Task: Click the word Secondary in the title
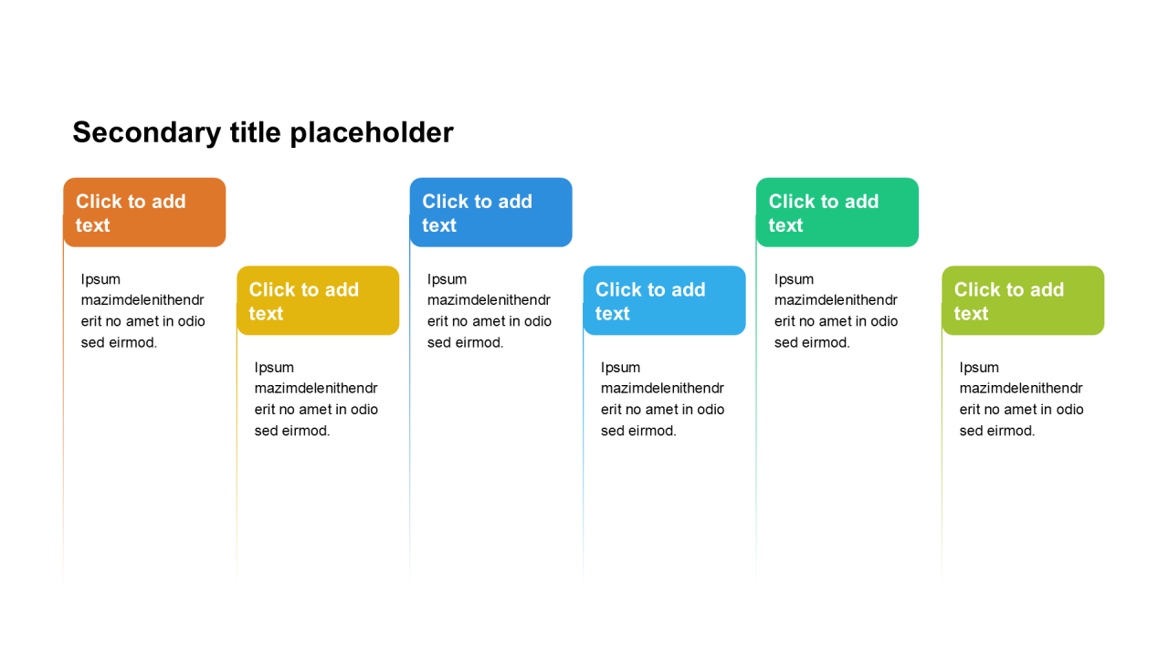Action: pyautogui.click(x=147, y=133)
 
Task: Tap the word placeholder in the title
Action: pyautogui.click(x=372, y=132)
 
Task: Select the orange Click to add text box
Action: pyautogui.click(x=144, y=213)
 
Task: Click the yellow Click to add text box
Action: pyautogui.click(x=318, y=300)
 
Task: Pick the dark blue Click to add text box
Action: pyautogui.click(x=490, y=213)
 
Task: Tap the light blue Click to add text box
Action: pyautogui.click(x=664, y=300)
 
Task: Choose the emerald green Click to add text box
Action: pyautogui.click(x=837, y=213)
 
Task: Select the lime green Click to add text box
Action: pyautogui.click(x=1023, y=300)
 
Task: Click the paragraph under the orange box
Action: pyautogui.click(x=143, y=311)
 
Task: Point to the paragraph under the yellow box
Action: pyautogui.click(x=316, y=399)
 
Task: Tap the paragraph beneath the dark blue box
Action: pyautogui.click(x=490, y=311)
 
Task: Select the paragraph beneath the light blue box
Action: pyautogui.click(x=663, y=399)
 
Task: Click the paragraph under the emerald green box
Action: pyautogui.click(x=836, y=311)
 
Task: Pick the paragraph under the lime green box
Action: pyautogui.click(x=1022, y=399)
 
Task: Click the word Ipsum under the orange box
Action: pyautogui.click(x=100, y=280)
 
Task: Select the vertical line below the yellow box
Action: pyautogui.click(x=237, y=456)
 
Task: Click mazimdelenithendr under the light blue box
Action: pyautogui.click(x=663, y=389)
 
